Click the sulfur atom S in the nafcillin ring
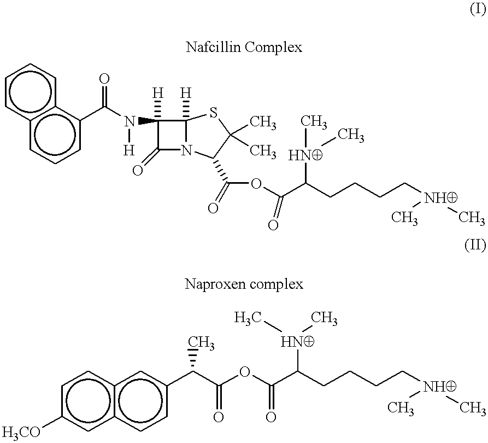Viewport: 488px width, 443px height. tap(213, 113)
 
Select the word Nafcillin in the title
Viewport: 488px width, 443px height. tap(214, 48)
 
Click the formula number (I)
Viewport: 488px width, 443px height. tap(478, 10)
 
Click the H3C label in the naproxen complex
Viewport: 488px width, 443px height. tap(248, 318)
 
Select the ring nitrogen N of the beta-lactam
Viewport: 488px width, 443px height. tap(186, 151)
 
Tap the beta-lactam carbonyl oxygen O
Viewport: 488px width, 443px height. tap(138, 171)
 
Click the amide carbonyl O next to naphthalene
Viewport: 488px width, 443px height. tap(104, 79)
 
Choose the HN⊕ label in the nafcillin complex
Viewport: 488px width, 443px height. tap(305, 155)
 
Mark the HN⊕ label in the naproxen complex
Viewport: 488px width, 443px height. tap(297, 342)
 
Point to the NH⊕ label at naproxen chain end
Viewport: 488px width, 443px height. tap(439, 387)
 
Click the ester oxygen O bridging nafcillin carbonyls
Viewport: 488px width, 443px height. tap(256, 184)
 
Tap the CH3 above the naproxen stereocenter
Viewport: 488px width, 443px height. tap(201, 343)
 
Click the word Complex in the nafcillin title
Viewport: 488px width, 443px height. tap(273, 48)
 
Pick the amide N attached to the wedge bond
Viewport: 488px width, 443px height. tap(130, 121)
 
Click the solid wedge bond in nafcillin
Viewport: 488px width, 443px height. tap(148, 121)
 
